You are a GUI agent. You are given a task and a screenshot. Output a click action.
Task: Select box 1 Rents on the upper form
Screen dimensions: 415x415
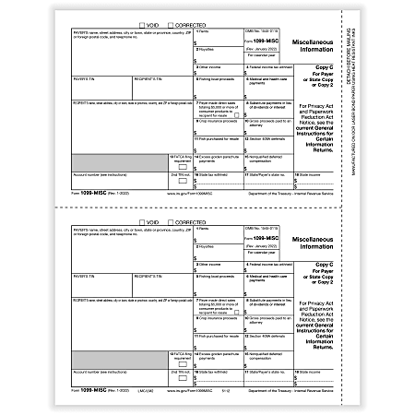pos(221,38)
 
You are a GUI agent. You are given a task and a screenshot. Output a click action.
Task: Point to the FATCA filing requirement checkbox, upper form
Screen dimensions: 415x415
pos(181,167)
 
